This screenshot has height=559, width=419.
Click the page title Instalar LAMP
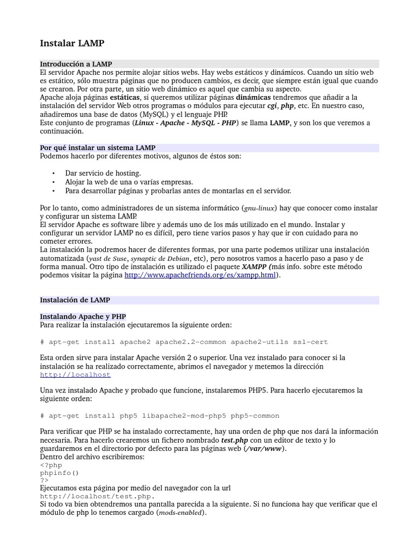tap(72, 43)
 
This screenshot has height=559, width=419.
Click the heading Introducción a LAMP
tap(76, 64)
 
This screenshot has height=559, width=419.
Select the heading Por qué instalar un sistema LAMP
tap(98, 148)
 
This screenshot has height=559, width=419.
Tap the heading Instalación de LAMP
tap(75, 300)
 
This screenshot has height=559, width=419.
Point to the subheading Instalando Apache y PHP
tap(83, 316)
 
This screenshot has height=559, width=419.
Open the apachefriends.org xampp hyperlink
tap(200, 275)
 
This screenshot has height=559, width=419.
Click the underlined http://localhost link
tap(75, 374)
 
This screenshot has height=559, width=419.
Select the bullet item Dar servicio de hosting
tap(103, 173)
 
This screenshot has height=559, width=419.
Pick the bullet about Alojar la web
tap(129, 182)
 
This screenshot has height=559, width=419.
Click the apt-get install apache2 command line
tap(184, 342)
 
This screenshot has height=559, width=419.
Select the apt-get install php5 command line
tap(160, 415)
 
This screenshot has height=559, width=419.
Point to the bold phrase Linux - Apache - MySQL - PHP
tap(185, 123)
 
